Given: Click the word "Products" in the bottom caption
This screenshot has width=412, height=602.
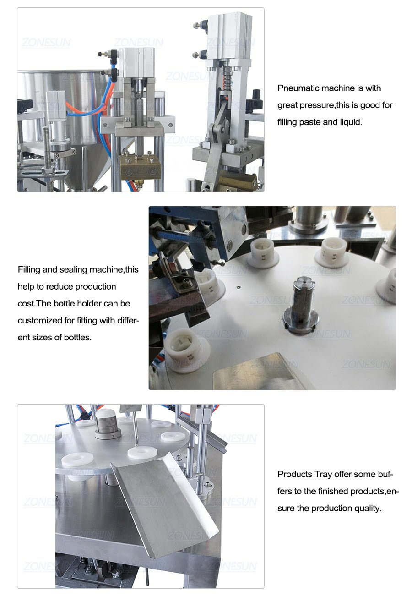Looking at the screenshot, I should [295, 474].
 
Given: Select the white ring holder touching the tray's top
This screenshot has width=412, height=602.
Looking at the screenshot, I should [140, 453].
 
